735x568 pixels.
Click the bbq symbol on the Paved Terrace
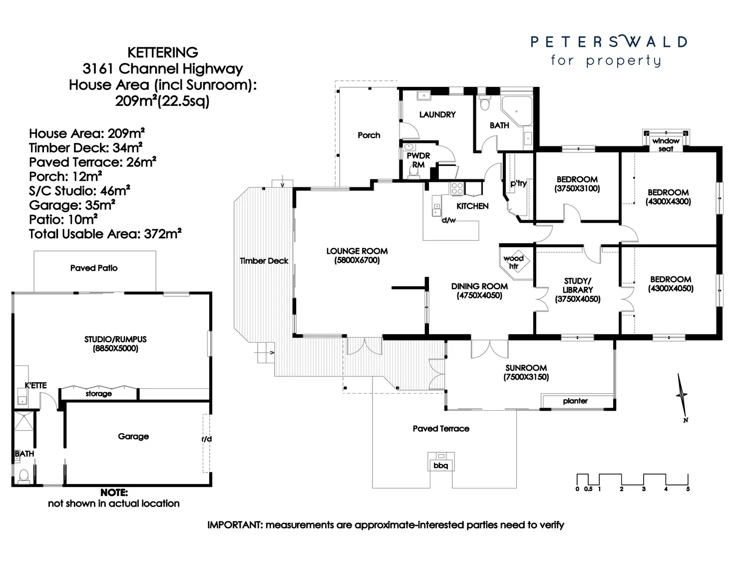[x=441, y=462]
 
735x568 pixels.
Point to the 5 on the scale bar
[x=688, y=489]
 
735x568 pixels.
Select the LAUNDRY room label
[x=437, y=115]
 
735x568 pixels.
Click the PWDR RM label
[x=418, y=160]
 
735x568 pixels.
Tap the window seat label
[x=666, y=145]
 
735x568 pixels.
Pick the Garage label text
[x=133, y=437]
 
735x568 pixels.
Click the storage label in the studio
[x=98, y=394]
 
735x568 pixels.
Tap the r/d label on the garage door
[x=207, y=439]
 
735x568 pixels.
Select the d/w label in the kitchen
[x=448, y=220]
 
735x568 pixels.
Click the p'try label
[x=518, y=183]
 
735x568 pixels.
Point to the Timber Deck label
[x=264, y=261]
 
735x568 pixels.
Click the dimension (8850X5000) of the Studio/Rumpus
[x=116, y=349]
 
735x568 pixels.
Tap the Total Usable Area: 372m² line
[x=105, y=234]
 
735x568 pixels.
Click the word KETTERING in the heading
[x=163, y=52]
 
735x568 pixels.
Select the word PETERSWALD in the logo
[x=609, y=41]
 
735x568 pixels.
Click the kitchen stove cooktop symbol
[x=457, y=188]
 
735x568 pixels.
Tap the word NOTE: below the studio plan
[x=114, y=492]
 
